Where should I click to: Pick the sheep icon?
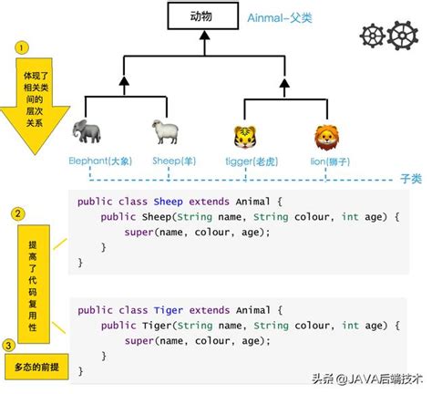tap(165, 132)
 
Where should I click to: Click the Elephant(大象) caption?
tap(99, 161)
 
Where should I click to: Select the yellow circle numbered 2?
tap(17, 214)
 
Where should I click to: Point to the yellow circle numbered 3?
tap(8, 345)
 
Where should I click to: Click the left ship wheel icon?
tap(375, 36)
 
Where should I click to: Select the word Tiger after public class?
tap(168, 310)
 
